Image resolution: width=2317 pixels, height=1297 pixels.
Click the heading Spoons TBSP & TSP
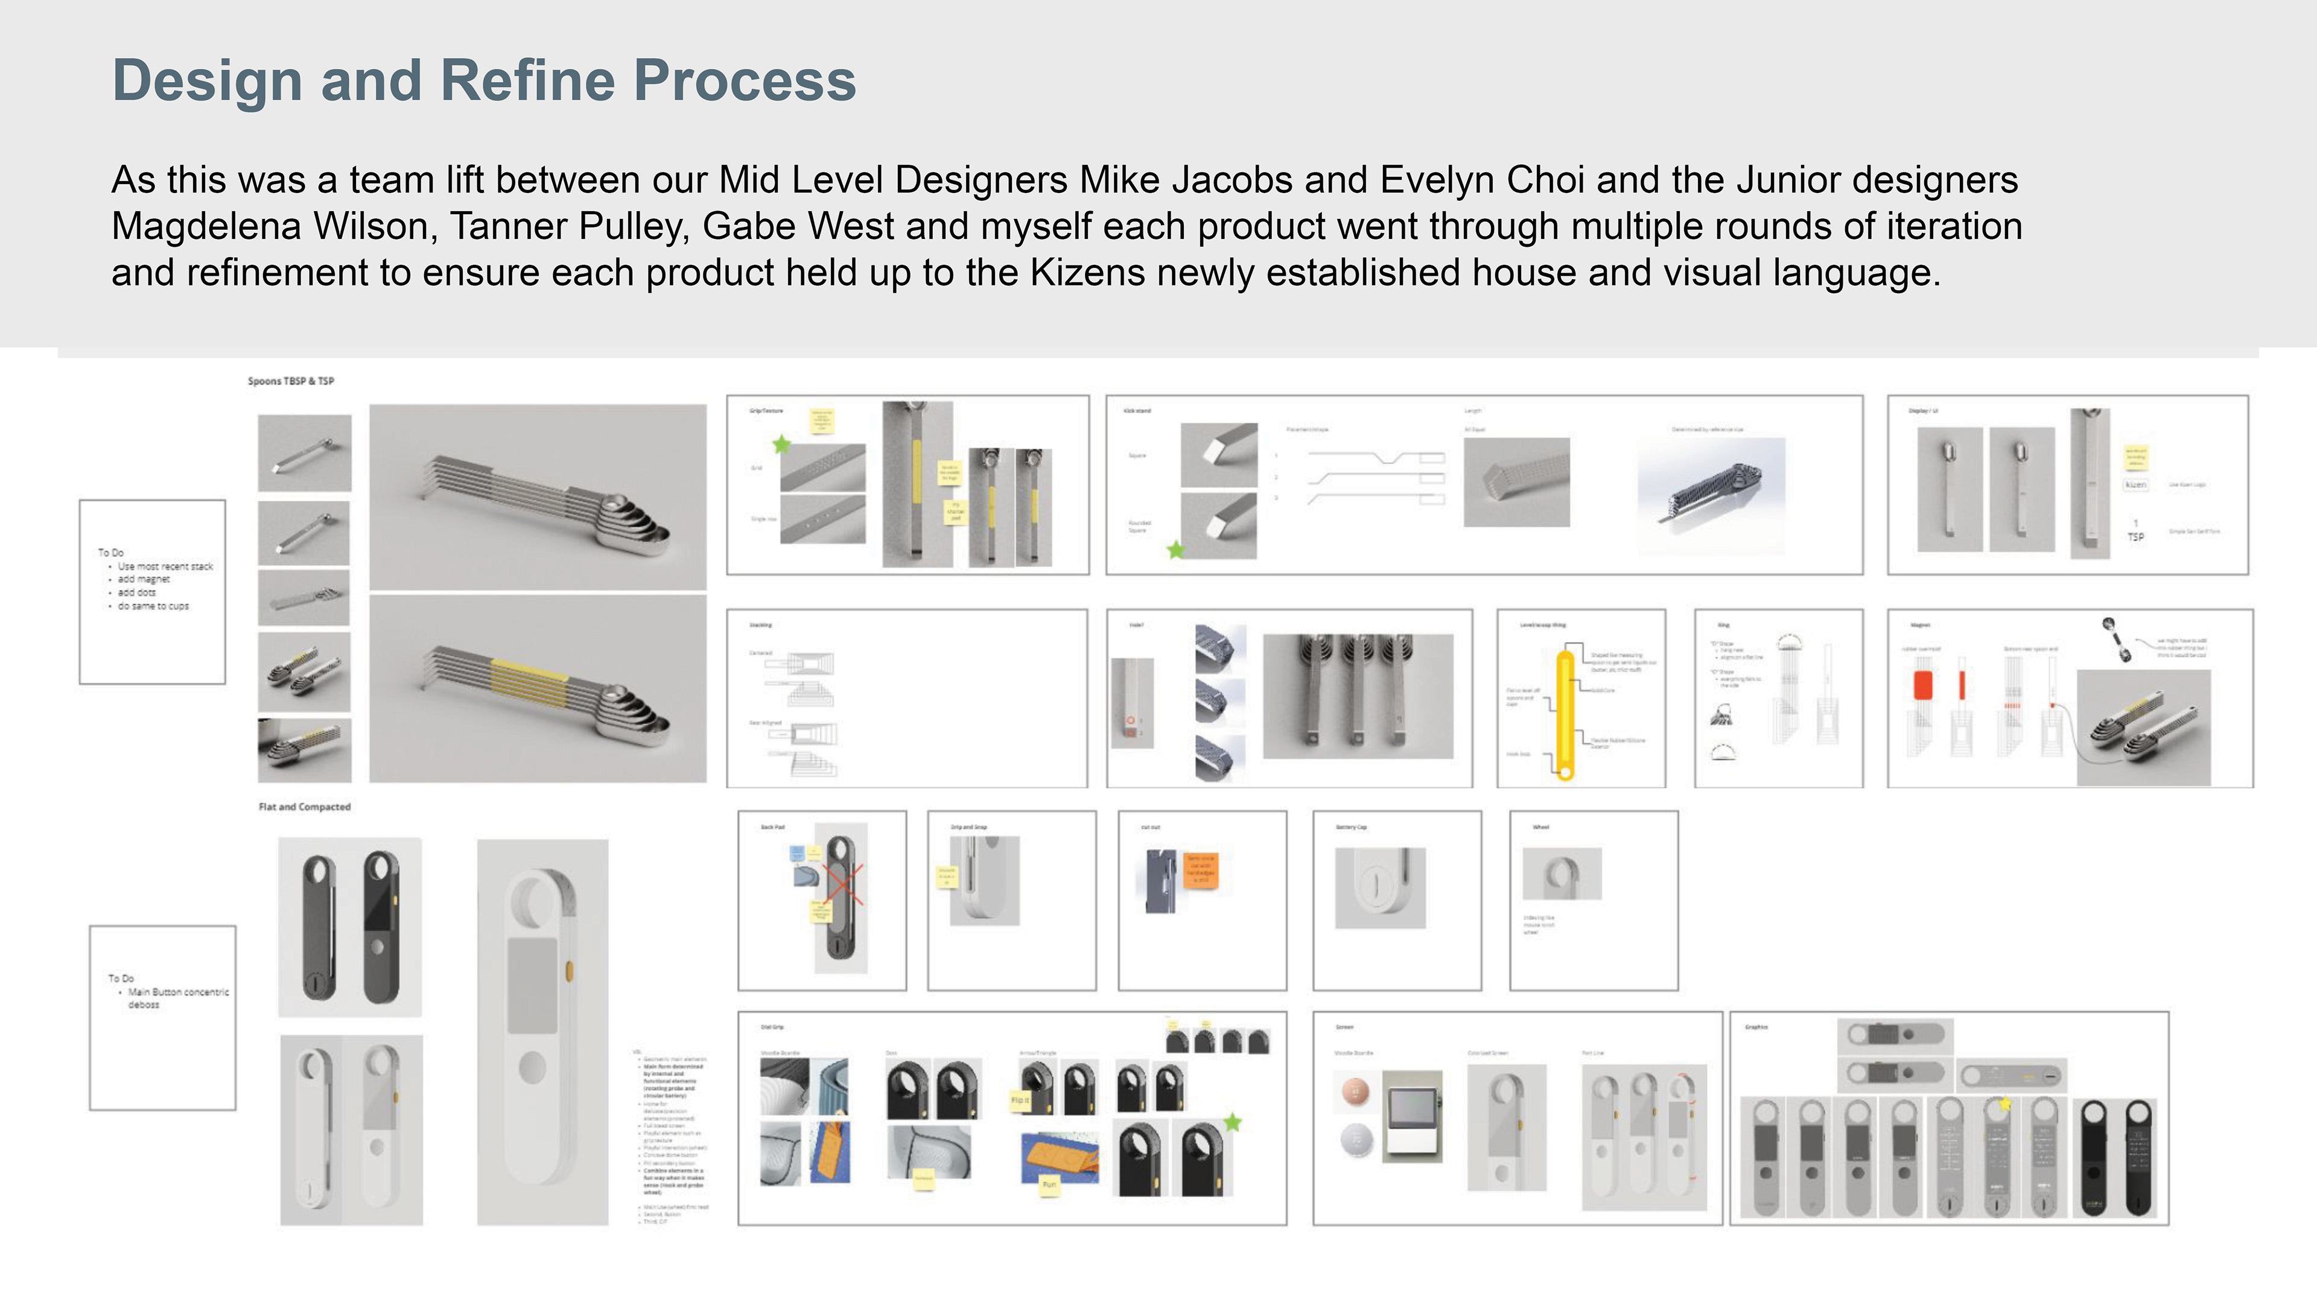pos(290,381)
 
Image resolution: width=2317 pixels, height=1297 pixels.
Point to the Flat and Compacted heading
pos(304,807)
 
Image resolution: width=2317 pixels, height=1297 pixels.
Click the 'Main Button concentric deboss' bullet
pos(177,998)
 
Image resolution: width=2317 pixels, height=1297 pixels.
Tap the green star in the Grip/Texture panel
pos(781,445)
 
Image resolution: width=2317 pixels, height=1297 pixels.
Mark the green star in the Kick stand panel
pos(1175,550)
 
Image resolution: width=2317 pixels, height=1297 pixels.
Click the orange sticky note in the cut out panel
pos(1201,869)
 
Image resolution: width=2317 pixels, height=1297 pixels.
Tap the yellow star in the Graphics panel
pos(2005,1103)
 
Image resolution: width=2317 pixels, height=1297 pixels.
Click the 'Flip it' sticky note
pos(1020,1100)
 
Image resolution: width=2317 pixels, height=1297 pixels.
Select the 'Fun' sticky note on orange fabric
pos(1049,1185)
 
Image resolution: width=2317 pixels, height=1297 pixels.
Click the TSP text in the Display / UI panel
pos(2135,536)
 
